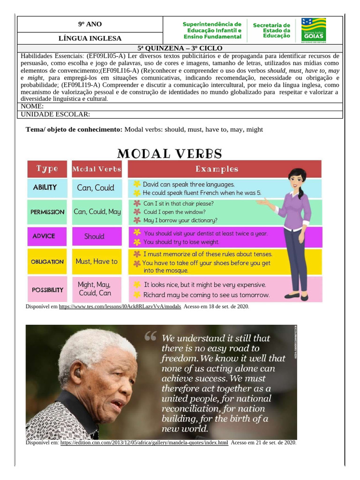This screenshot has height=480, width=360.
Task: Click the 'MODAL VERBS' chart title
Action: tap(169, 153)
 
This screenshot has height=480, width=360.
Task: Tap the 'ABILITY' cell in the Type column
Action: tap(45, 187)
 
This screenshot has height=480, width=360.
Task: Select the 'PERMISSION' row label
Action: tap(47, 212)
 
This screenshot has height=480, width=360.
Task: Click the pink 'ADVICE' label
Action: tap(44, 236)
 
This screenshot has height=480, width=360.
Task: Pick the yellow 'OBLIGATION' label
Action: tap(47, 262)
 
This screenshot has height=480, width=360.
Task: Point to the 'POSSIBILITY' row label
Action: tap(47, 290)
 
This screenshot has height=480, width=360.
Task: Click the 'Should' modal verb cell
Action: tap(94, 237)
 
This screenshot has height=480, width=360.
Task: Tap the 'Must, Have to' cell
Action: tap(97, 262)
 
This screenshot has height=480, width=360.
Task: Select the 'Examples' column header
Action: tap(217, 169)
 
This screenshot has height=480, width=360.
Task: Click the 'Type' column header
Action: tap(47, 169)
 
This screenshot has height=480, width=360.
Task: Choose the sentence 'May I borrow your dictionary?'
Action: tap(180, 220)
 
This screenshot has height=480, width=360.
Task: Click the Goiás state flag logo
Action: tap(314, 30)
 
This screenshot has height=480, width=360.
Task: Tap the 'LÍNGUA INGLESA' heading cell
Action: tap(90, 38)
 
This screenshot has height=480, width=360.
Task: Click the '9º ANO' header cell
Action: tap(90, 24)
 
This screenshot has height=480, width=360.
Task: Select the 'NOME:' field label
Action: tap(32, 107)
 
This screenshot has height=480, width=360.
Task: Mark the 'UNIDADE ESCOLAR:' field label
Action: tap(56, 114)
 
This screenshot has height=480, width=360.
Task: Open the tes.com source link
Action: tap(120, 307)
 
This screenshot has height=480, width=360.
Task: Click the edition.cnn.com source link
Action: tap(144, 442)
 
